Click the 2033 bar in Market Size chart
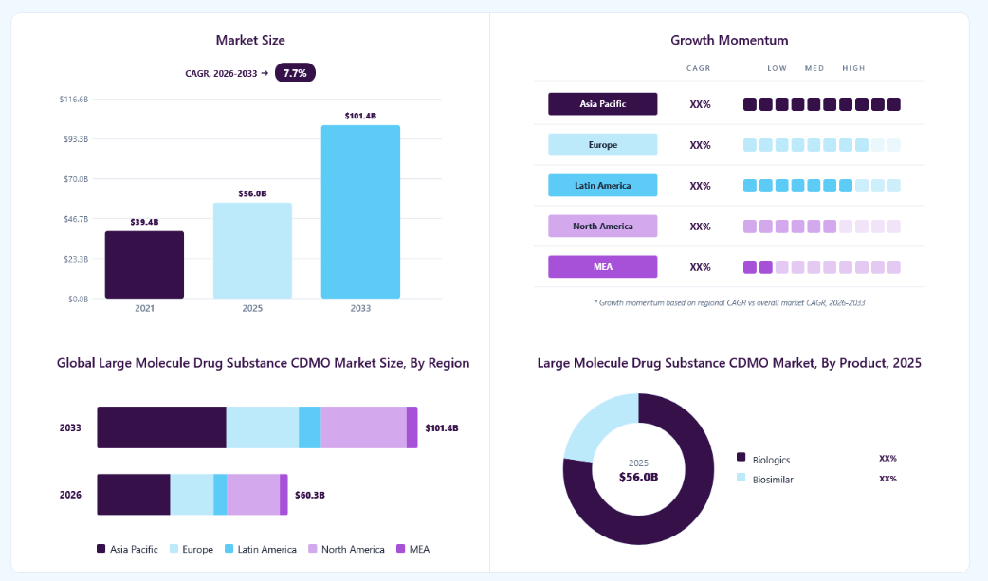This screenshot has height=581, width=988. pos(360,211)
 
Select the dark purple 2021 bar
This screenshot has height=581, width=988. pos(144,264)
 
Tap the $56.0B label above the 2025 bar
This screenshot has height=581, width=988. pos(252,193)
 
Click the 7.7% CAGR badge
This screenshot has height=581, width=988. pos(295,73)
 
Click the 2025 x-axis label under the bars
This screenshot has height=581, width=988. pos(252,308)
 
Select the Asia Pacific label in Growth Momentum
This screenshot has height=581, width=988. pos(602,104)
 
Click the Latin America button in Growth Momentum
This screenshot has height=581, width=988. pos(602,185)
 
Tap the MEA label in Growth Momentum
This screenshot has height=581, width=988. pos(602,266)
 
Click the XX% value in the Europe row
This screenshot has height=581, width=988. pos(700,145)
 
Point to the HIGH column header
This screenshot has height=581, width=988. pos(853,68)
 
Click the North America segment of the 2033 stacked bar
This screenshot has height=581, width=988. pos(363,427)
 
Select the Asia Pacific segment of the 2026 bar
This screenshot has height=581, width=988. pos(134,495)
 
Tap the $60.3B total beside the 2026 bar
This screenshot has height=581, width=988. pos(310,496)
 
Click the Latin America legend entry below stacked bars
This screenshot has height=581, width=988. pos(260,549)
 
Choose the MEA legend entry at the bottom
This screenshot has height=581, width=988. pos(412,549)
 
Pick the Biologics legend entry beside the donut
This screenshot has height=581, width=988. pos(763,460)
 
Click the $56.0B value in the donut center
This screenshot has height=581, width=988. pos(638,477)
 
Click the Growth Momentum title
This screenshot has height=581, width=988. pos(729,41)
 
